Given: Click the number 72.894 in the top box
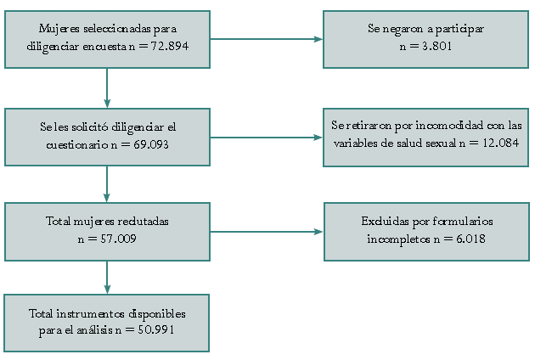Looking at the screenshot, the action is click(x=170, y=46).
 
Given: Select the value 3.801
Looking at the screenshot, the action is click(x=437, y=46).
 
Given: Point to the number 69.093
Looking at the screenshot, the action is click(x=151, y=144).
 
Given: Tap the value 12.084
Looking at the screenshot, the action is click(x=500, y=143).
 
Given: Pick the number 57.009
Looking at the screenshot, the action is click(x=118, y=239).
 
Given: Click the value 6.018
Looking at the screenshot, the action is click(x=470, y=239).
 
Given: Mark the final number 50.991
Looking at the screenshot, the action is click(x=156, y=329).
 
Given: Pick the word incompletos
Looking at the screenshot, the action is click(x=398, y=239).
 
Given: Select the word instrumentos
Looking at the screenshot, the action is click(x=90, y=313).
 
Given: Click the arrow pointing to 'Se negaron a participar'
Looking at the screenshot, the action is click(x=267, y=39).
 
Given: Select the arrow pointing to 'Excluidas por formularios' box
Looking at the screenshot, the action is click(x=267, y=232).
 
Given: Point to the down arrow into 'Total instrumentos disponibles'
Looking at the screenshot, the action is click(x=107, y=278).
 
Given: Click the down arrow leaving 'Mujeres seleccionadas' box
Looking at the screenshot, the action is click(x=107, y=88).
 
